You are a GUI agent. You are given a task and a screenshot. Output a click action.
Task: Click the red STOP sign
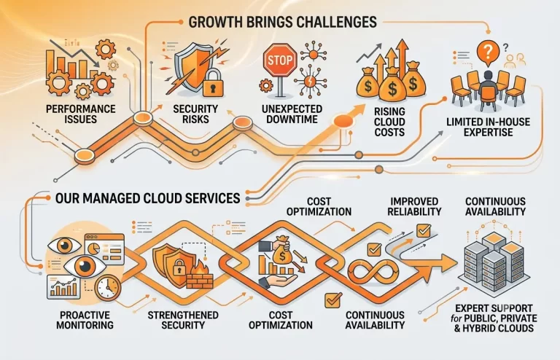(x=280, y=60)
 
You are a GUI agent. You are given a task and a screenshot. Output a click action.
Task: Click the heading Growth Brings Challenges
(x=282, y=22)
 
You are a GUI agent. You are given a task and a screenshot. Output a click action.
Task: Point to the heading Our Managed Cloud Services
(x=147, y=198)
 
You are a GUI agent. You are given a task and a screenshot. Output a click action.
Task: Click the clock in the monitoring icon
(x=108, y=288)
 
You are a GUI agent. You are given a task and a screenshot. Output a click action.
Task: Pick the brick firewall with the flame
(x=200, y=275)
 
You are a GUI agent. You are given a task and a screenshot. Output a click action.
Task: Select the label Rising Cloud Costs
(x=389, y=122)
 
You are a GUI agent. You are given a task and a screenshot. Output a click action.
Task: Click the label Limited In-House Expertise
(x=489, y=127)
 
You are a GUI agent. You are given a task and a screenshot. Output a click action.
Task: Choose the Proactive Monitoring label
(x=85, y=320)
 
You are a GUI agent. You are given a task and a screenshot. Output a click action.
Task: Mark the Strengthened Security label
(x=183, y=320)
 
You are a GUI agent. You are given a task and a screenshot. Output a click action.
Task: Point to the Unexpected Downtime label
(x=292, y=114)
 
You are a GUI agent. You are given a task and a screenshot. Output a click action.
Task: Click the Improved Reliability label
(x=414, y=206)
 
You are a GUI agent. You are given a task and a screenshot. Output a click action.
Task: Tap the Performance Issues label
(x=81, y=114)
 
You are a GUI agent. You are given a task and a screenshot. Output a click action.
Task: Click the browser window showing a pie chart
(x=104, y=249)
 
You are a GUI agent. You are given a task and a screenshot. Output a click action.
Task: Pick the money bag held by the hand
(x=282, y=250)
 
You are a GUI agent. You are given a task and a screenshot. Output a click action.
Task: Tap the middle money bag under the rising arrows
(x=392, y=85)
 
